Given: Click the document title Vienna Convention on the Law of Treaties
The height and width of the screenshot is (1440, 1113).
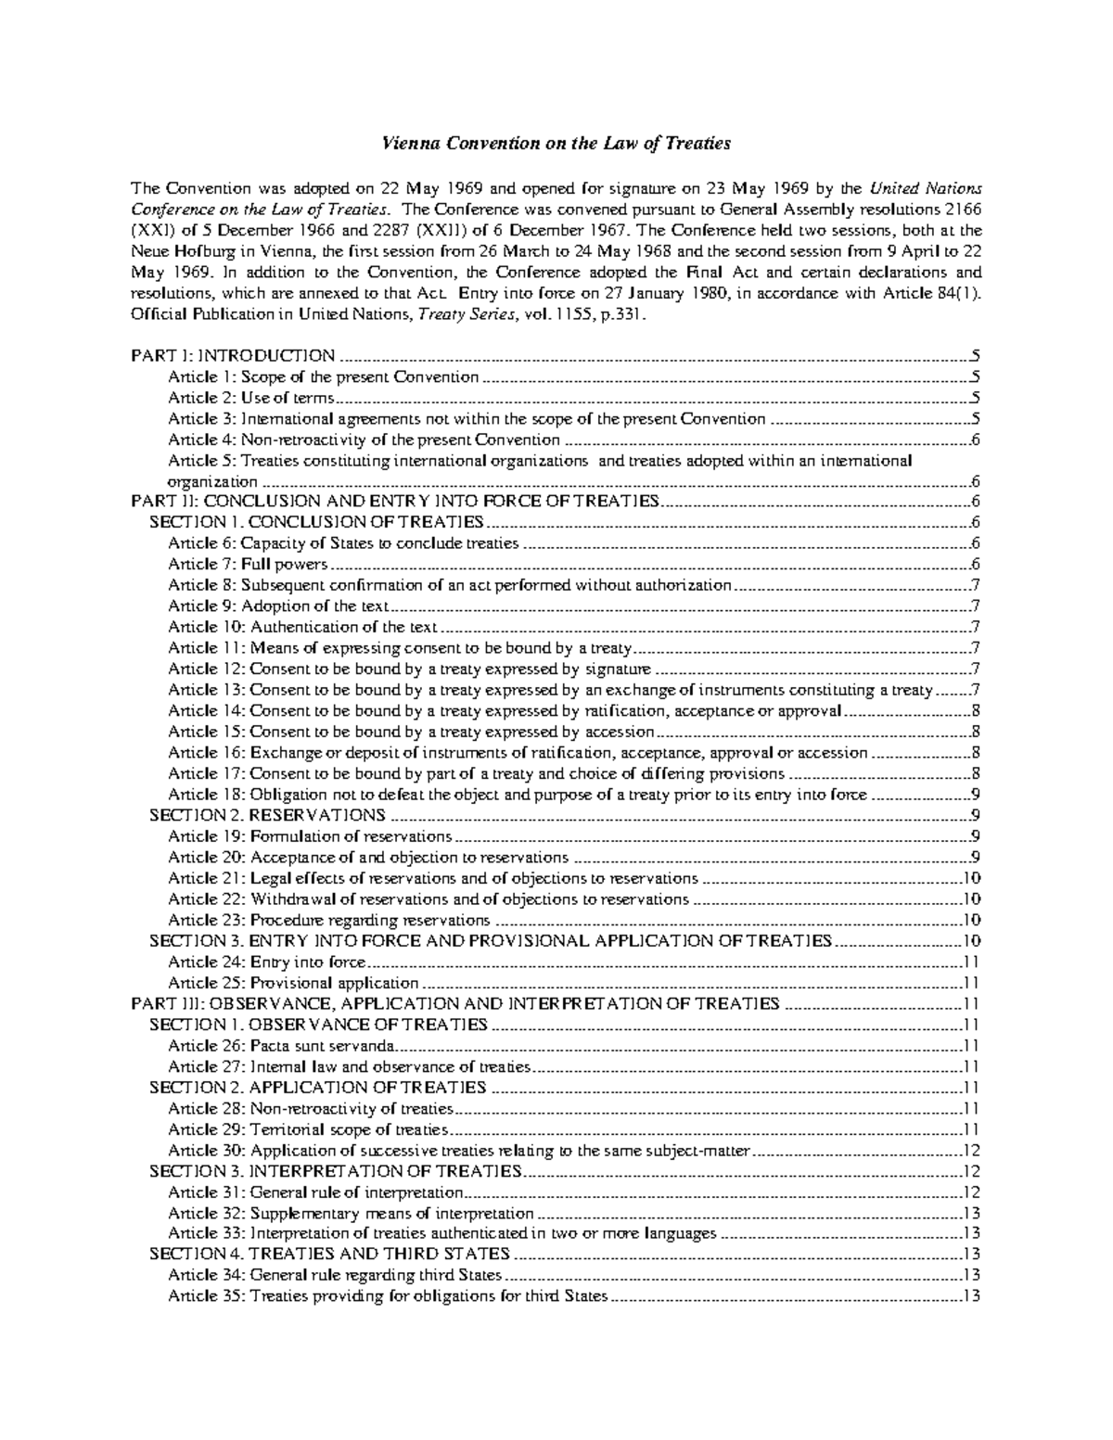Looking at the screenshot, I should coord(557,144).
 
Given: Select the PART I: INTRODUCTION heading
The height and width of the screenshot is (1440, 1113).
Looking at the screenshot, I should coord(233,356).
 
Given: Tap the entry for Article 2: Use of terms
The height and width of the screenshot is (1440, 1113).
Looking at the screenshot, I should coord(250,398).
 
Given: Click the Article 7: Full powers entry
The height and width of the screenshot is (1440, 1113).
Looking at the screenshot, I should coord(248,564).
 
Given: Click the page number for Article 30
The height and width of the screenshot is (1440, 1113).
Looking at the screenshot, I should coord(972,1151).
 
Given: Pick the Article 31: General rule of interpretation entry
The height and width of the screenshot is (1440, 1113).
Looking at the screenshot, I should coord(315,1192).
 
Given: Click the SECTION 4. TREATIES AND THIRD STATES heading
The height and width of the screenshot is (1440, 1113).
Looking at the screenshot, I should coord(329,1255).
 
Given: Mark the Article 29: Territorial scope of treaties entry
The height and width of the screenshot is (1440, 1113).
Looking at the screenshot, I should coord(308,1129).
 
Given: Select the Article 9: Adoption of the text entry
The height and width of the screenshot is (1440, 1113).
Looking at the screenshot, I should coord(278,606).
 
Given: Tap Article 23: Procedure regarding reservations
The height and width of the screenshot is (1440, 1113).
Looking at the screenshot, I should coord(328,920).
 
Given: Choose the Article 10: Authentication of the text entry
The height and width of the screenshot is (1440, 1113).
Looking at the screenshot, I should coord(302,627).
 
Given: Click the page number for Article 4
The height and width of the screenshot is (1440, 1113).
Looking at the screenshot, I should coord(976,440).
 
